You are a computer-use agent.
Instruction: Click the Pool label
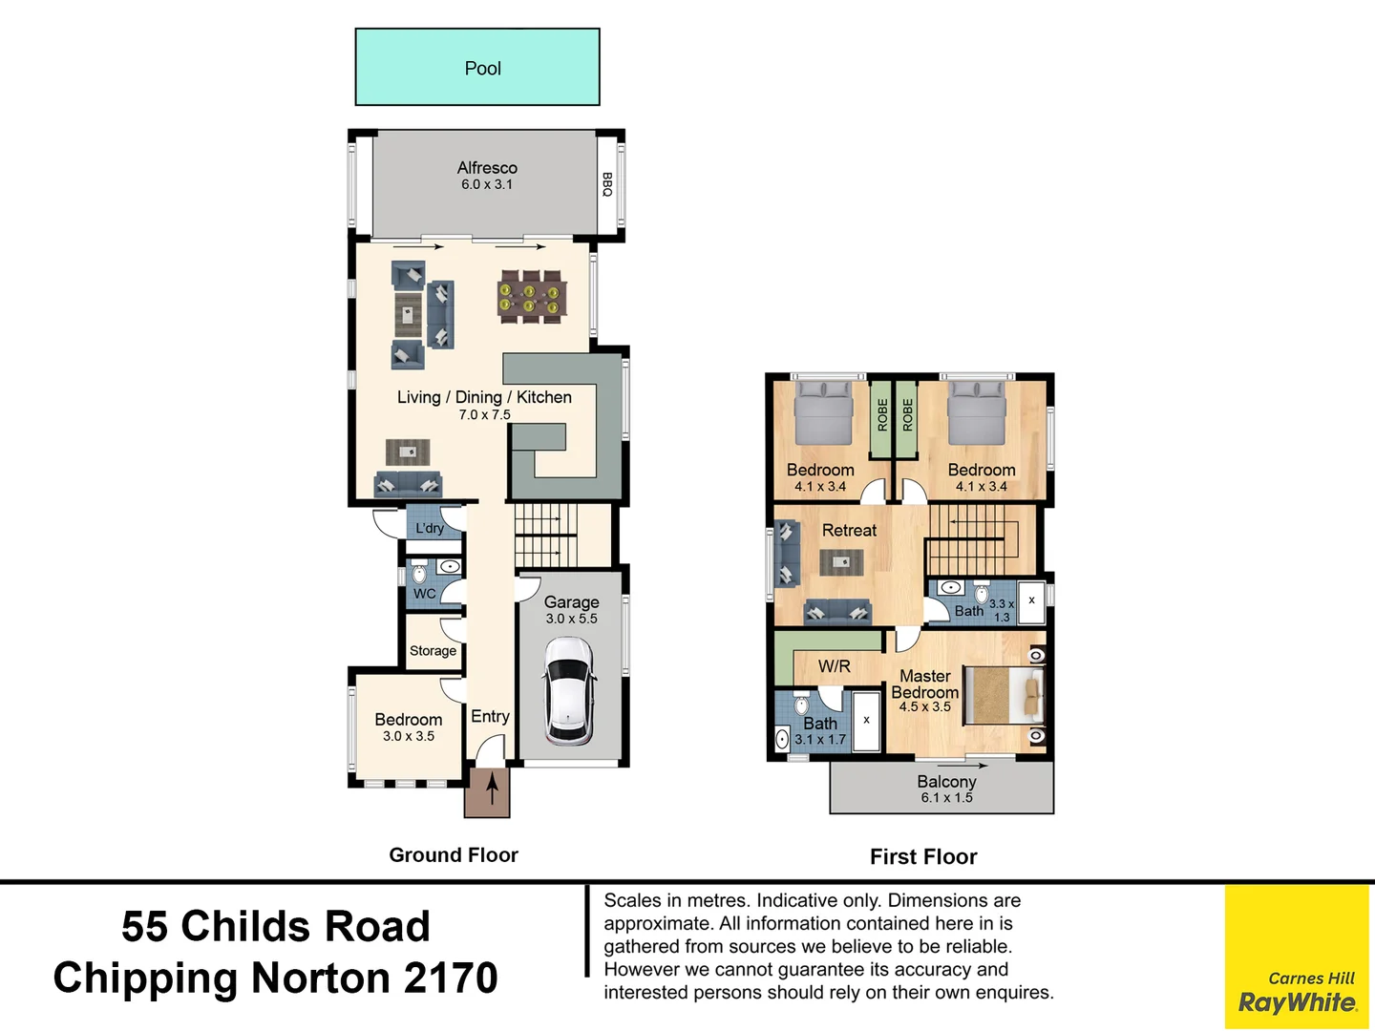pyautogui.click(x=482, y=69)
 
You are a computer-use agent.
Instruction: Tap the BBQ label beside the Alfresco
pyautogui.click(x=606, y=184)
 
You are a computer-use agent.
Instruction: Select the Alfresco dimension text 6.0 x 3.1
pyautogui.click(x=487, y=185)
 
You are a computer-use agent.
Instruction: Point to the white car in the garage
pyautogui.click(x=569, y=690)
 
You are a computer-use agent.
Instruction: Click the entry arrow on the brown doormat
pyautogui.click(x=492, y=791)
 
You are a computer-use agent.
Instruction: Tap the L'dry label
pyautogui.click(x=430, y=528)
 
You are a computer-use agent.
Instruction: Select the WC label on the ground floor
pyautogui.click(x=424, y=594)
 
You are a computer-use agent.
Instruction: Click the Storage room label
pyautogui.click(x=433, y=651)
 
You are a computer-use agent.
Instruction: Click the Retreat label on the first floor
pyautogui.click(x=849, y=531)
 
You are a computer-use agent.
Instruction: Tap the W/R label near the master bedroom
pyautogui.click(x=834, y=666)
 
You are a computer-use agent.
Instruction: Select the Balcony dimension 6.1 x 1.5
pyautogui.click(x=946, y=798)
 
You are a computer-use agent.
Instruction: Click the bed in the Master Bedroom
pyautogui.click(x=1004, y=695)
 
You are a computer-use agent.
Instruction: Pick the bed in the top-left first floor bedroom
pyautogui.click(x=824, y=412)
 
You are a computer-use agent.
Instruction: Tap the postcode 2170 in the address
pyautogui.click(x=451, y=978)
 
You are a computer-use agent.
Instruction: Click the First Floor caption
pyautogui.click(x=923, y=857)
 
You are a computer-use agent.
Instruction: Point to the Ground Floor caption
pyautogui.click(x=454, y=855)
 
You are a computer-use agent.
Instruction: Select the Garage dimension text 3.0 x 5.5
pyautogui.click(x=571, y=619)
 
